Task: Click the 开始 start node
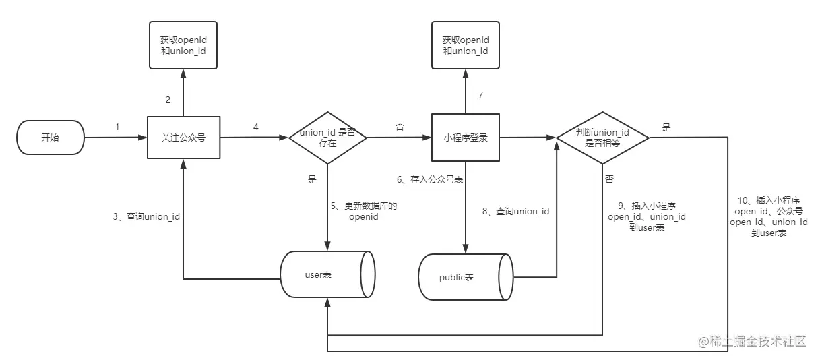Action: tap(49, 138)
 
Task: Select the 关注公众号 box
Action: tap(183, 138)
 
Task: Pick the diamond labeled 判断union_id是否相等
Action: tap(602, 138)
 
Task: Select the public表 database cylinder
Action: tap(465, 277)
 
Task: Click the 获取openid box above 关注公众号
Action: tap(183, 45)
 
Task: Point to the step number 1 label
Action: tap(117, 126)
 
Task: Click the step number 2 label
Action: tap(168, 100)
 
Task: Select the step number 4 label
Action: tap(255, 126)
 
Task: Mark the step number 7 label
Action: tap(480, 95)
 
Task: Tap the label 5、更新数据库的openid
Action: tap(364, 211)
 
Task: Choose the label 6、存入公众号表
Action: tap(429, 180)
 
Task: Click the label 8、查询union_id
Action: tap(515, 211)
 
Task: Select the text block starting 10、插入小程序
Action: tap(769, 216)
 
